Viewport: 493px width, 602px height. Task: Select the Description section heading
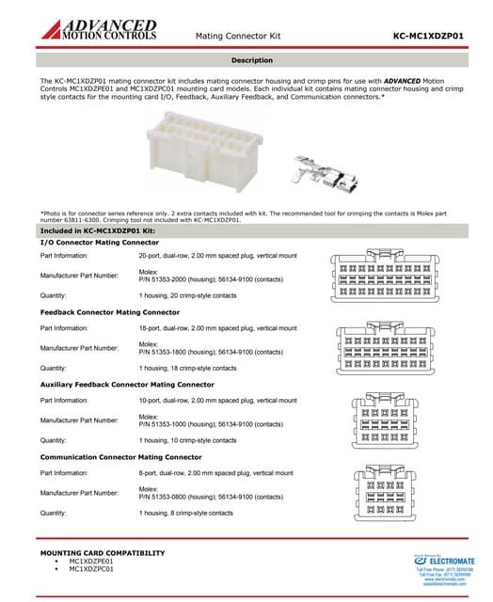pyautogui.click(x=251, y=60)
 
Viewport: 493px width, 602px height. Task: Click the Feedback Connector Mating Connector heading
pyautogui.click(x=110, y=311)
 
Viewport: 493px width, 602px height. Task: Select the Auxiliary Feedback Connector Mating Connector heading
pyautogui.click(x=127, y=384)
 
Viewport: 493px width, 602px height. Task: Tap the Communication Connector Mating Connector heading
pyautogui.click(x=120, y=456)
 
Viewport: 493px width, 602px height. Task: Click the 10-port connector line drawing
pyautogui.click(x=396, y=423)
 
